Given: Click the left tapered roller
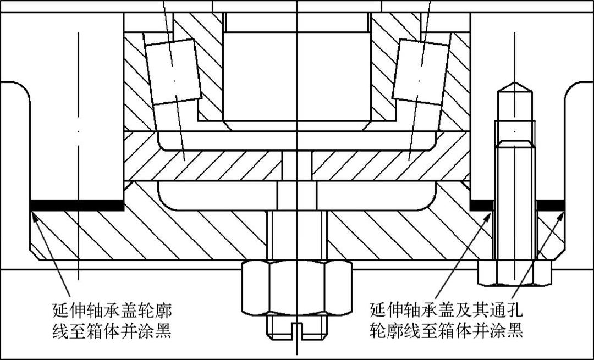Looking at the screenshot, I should (x=173, y=72).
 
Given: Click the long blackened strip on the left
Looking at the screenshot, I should (x=77, y=205).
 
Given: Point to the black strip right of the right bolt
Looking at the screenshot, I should (x=551, y=204).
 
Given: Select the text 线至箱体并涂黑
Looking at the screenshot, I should (x=110, y=332).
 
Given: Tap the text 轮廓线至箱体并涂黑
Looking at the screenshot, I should (x=446, y=331).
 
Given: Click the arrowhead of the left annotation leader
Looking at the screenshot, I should (x=35, y=215).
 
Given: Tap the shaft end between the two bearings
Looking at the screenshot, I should (x=296, y=77).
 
